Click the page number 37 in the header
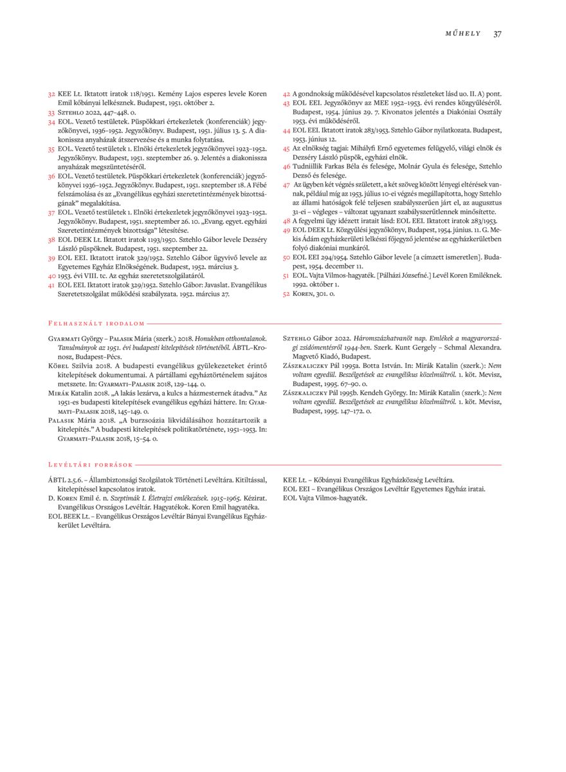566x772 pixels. pos(497,33)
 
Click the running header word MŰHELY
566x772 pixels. pos(463,33)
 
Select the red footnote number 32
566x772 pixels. pos(51,94)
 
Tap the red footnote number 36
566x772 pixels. pos(51,175)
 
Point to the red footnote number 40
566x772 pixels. pos(51,275)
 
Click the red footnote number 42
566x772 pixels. pos(287,94)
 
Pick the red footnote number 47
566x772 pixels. pos(287,184)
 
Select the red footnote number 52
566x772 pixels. pos(287,293)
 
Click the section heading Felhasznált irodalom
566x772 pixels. pos(96,324)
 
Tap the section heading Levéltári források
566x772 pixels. pos(91,464)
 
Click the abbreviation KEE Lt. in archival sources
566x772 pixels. pos(295,479)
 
